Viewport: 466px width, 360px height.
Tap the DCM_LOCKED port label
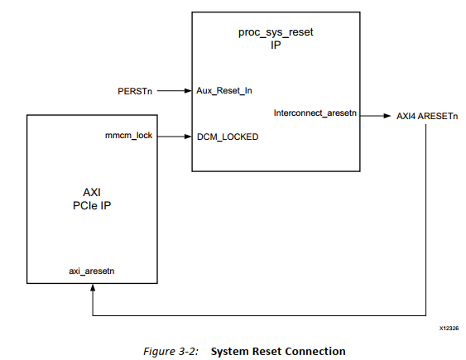228,137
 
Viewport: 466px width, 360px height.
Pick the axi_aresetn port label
92,270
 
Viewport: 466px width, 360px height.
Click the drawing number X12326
449,329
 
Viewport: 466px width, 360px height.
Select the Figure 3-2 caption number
169,351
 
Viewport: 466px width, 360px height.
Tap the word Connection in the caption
315,351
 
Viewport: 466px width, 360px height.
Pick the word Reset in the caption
267,351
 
